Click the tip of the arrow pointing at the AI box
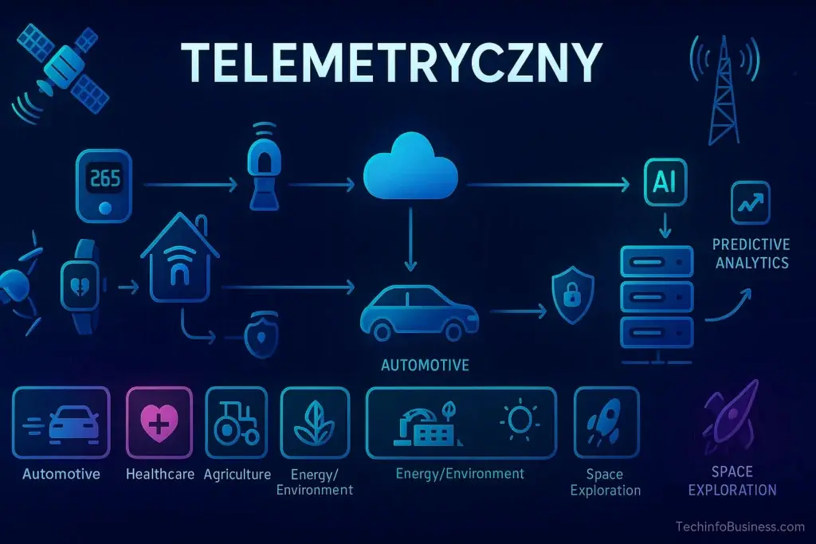pyautogui.click(x=630, y=184)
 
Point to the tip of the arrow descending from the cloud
pyautogui.click(x=410, y=271)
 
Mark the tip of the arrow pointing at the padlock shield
pyautogui.click(x=547, y=311)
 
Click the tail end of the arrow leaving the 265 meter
pyautogui.click(x=143, y=185)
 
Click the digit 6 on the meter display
pyautogui.click(x=106, y=178)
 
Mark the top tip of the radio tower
pyautogui.click(x=724, y=37)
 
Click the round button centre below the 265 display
pyautogui.click(x=105, y=208)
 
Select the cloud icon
pyautogui.click(x=410, y=166)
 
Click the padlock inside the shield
pyautogui.click(x=572, y=295)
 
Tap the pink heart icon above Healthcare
pyautogui.click(x=159, y=422)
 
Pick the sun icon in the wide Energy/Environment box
pyautogui.click(x=519, y=419)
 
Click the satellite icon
pyautogui.click(x=62, y=69)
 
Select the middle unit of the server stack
pyautogui.click(x=657, y=296)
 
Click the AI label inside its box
pyautogui.click(x=665, y=182)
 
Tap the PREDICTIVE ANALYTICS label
pyautogui.click(x=751, y=254)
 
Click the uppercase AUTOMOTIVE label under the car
pyautogui.click(x=425, y=365)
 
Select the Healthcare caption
pyautogui.click(x=159, y=475)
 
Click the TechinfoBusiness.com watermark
pyautogui.click(x=740, y=526)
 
